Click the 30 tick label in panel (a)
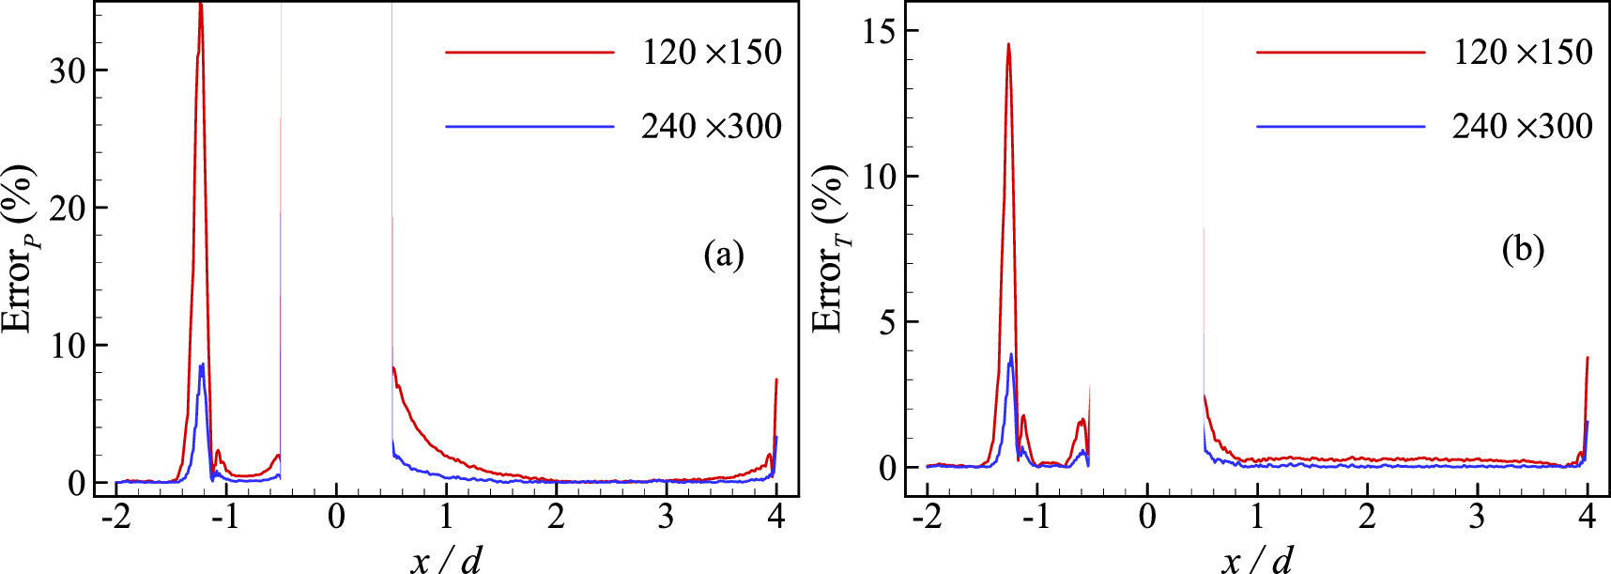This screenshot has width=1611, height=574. point(69,70)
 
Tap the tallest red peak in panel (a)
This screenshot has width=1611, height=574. point(200,6)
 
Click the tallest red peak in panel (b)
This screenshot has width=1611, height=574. point(1008,44)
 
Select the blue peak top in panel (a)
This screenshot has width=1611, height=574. point(202,365)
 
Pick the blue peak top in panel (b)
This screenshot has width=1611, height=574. point(1011,355)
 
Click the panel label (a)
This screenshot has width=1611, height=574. point(723,255)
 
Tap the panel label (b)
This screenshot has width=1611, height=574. point(1522,249)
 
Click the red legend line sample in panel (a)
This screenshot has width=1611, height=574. point(529,53)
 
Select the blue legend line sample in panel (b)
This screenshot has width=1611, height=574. point(1340,127)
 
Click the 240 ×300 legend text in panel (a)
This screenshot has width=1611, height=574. point(711,127)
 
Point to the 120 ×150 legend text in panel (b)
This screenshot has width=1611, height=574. point(1522,53)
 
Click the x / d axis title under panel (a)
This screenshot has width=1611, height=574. point(446,560)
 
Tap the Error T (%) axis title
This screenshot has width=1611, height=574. point(830,249)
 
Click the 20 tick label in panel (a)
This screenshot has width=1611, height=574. point(69,208)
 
